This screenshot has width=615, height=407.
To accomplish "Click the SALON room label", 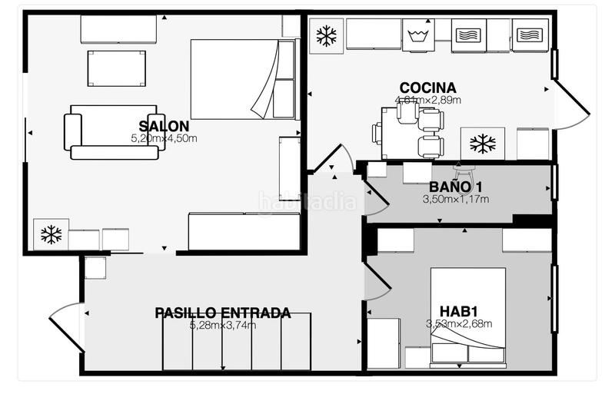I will click(165, 127).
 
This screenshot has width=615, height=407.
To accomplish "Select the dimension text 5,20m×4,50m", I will click(165, 139).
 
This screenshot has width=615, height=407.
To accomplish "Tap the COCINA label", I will click(428, 88).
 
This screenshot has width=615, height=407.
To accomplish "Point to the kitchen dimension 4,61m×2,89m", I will click(428, 100).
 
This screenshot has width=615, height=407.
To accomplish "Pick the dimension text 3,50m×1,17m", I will click(456, 199).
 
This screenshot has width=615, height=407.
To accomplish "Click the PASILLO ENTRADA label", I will click(223, 313).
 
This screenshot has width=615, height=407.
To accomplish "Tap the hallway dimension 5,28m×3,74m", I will click(223, 325).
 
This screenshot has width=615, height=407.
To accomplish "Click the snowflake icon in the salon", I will click(51, 235).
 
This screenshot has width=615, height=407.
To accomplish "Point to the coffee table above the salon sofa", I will click(116, 68).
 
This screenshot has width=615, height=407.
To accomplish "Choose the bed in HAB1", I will click(467, 315).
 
